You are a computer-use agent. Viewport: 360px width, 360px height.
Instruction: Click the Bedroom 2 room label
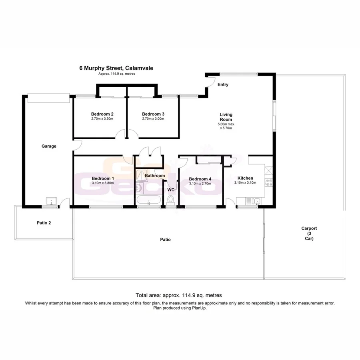[x=100, y=114]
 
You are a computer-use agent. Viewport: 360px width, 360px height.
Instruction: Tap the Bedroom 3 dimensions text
[x=153, y=119]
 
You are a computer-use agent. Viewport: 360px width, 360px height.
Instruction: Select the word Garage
[x=49, y=146]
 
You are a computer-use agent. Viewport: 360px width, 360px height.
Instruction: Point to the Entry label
[x=223, y=84]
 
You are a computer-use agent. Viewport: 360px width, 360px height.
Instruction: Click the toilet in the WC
[x=171, y=199]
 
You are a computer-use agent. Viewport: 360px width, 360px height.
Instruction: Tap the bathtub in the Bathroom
[x=149, y=200]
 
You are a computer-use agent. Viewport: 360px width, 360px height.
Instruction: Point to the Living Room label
[x=226, y=117]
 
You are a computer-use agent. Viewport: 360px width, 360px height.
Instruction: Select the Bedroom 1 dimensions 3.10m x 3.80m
[x=103, y=183]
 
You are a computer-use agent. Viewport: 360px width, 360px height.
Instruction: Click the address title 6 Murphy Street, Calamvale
[x=116, y=68]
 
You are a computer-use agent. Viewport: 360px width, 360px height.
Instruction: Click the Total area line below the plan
[x=179, y=295]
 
